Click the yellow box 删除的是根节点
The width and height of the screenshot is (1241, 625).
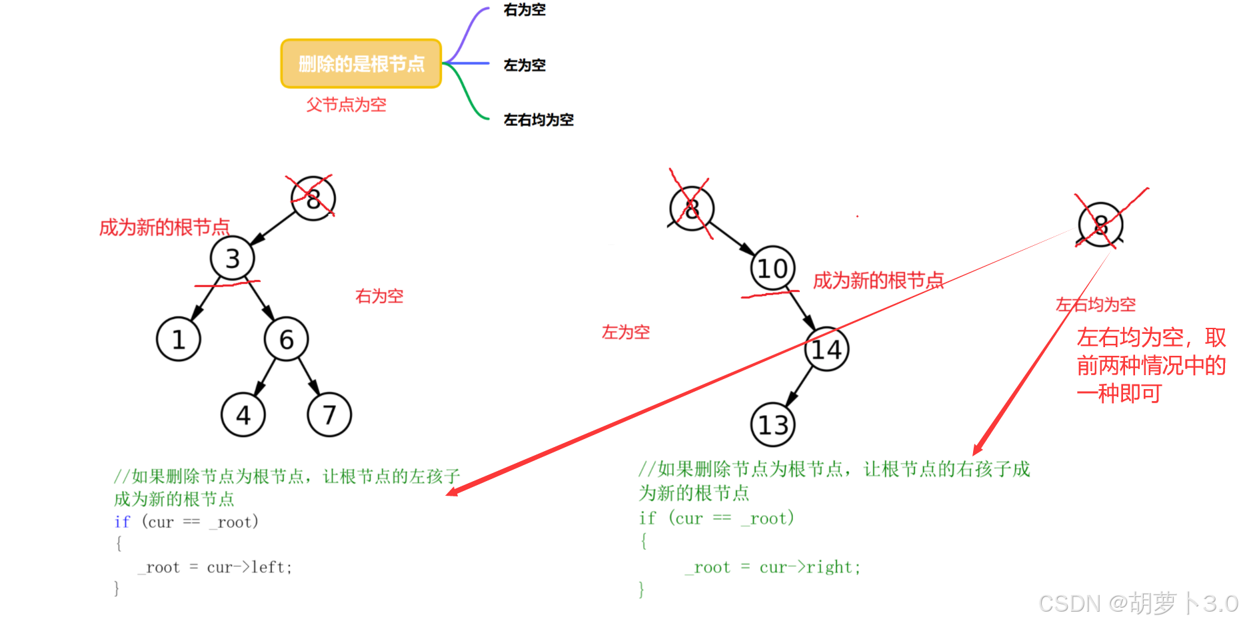tap(361, 64)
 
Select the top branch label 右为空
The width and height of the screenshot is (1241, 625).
tap(525, 10)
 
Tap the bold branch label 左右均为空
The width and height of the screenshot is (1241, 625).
tap(539, 120)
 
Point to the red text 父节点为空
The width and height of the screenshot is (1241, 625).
tap(346, 105)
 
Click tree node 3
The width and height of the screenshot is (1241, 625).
tap(232, 259)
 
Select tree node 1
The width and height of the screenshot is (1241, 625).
tap(178, 340)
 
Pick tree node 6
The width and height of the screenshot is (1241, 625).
tap(286, 340)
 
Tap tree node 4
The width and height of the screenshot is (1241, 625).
tap(243, 415)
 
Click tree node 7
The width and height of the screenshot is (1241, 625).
tap(329, 415)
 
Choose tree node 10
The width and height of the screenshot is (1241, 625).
tap(772, 269)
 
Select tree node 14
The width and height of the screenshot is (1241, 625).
tap(826, 349)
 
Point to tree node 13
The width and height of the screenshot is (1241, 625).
tap(773, 425)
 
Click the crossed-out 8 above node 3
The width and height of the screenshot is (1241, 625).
tap(313, 198)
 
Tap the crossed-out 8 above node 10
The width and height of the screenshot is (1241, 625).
tap(692, 209)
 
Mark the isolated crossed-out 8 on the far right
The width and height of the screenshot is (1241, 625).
tap(1100, 225)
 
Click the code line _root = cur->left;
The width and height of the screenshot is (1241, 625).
tap(215, 567)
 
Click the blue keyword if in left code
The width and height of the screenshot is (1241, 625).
tap(122, 522)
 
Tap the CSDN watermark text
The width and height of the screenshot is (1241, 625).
tap(1138, 604)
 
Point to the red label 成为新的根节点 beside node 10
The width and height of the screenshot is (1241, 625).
tap(878, 281)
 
